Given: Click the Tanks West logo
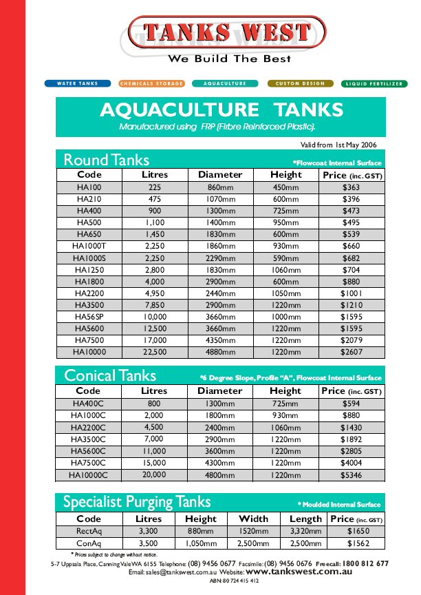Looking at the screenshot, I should (x=228, y=32).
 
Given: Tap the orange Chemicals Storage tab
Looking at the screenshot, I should (x=152, y=83).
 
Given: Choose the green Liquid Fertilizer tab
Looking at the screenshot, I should (x=374, y=83).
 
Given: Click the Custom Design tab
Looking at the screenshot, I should (x=300, y=83).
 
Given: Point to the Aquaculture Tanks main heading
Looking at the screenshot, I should (x=221, y=110).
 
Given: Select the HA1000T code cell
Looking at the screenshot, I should (x=89, y=246).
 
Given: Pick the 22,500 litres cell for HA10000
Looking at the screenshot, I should (x=155, y=351).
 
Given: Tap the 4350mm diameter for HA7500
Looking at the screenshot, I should (x=220, y=340).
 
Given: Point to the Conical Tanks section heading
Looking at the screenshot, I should (x=110, y=376).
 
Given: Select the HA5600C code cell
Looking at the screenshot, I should (x=89, y=451).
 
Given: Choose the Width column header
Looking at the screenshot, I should (x=254, y=519).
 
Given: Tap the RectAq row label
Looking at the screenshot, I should (x=89, y=531).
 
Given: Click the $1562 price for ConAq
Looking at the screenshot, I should (x=358, y=543).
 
